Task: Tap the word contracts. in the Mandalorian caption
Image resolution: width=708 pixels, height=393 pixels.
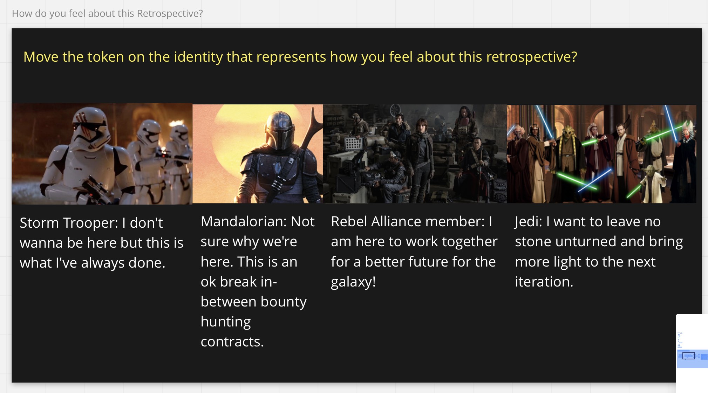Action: tap(232, 342)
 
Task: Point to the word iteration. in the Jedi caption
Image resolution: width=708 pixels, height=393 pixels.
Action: tap(544, 282)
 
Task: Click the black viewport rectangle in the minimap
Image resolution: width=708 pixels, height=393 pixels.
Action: tap(689, 356)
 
